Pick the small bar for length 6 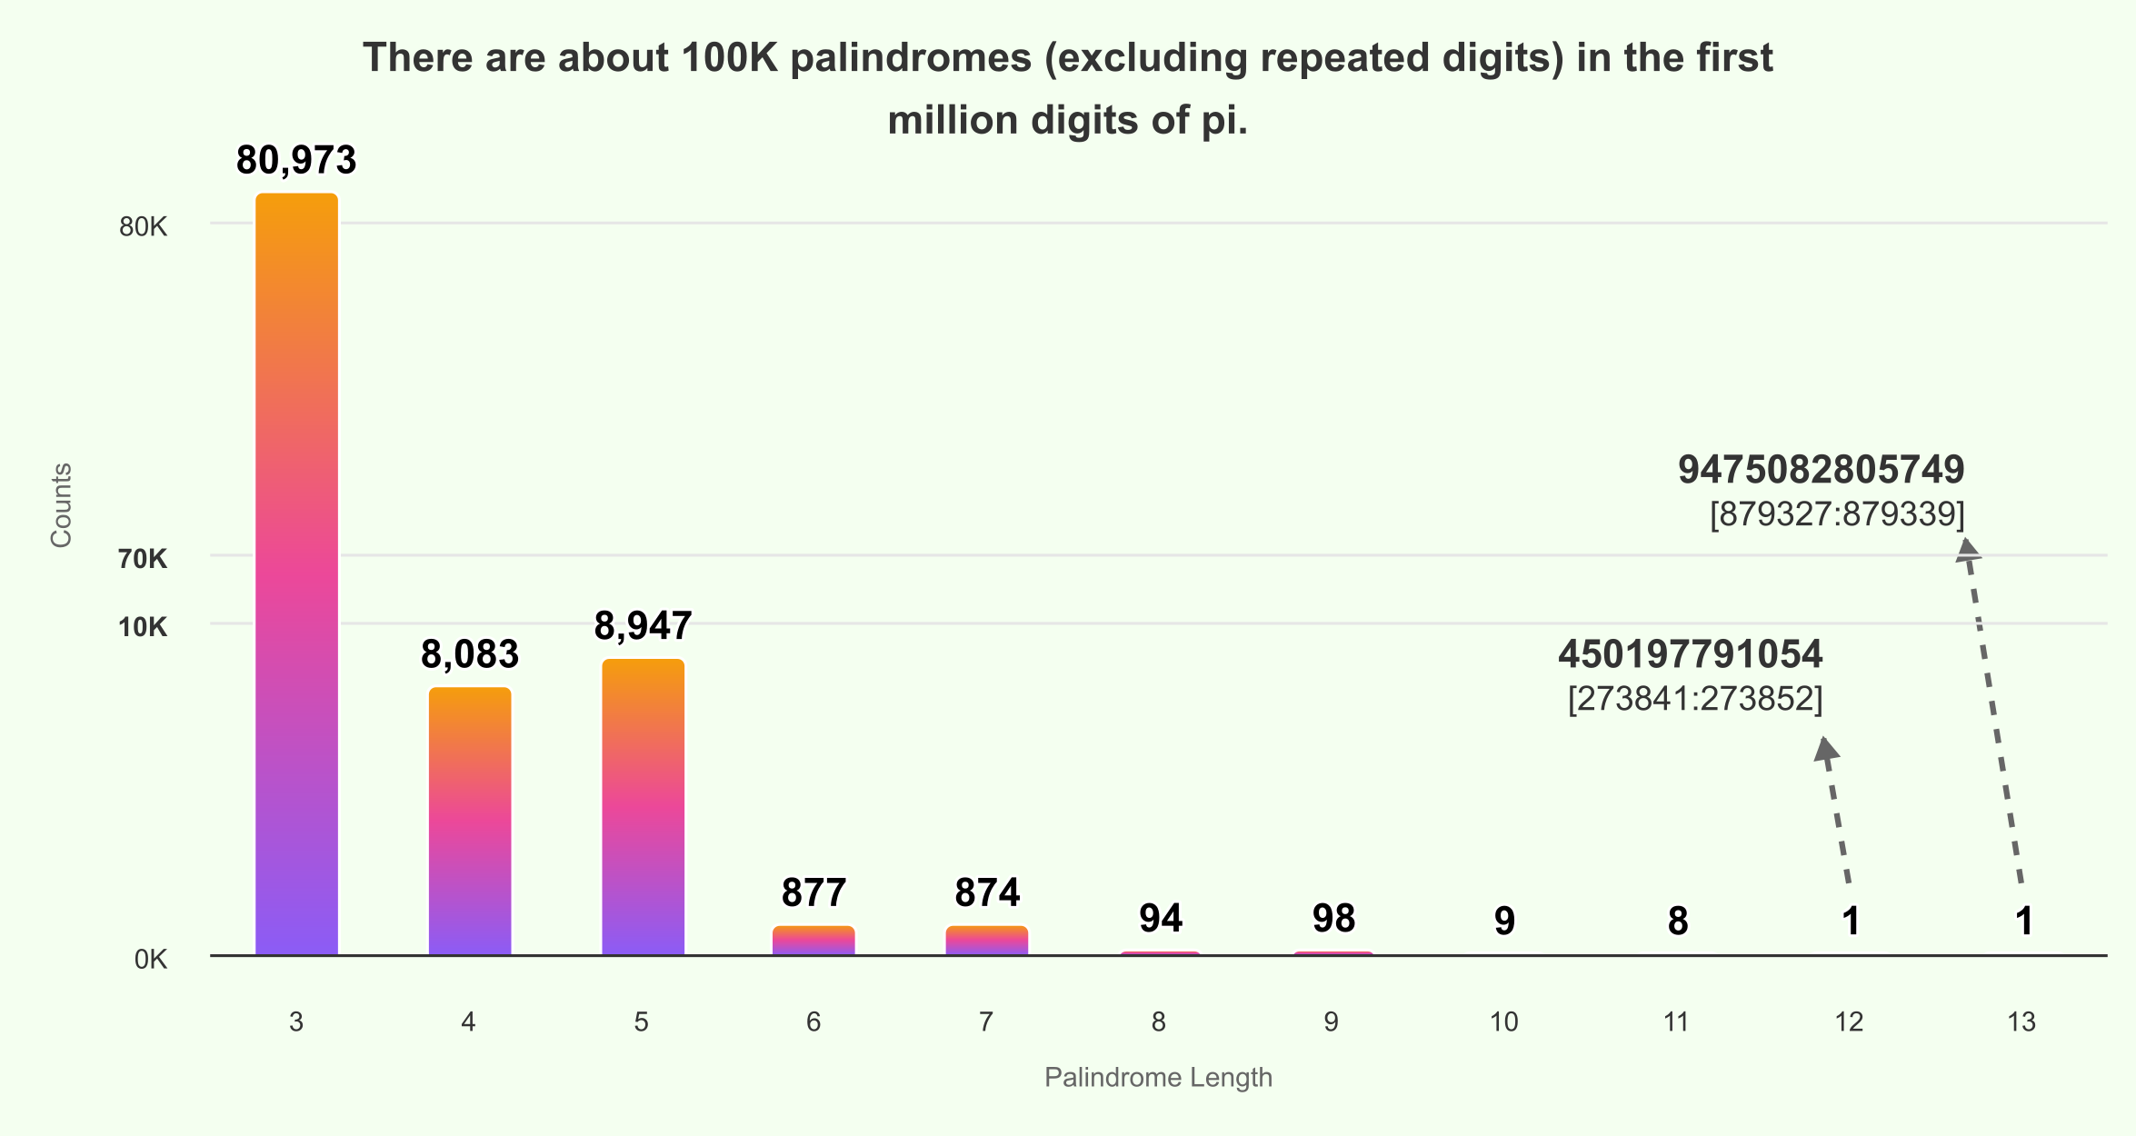tap(813, 941)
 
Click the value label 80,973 tap(296, 160)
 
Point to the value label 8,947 tap(643, 625)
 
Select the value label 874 tap(987, 892)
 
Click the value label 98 tap(1333, 918)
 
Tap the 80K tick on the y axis tap(143, 226)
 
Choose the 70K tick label tap(143, 559)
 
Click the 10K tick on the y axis tap(143, 627)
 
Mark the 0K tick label tap(150, 960)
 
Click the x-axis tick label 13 tap(2021, 1022)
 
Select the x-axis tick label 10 tap(1503, 1022)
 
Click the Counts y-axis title tap(61, 505)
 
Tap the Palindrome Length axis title tap(1158, 1078)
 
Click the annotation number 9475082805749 tap(1821, 470)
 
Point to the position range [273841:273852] tap(1695, 699)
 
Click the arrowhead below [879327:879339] tap(1967, 547)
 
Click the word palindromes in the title tap(911, 58)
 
